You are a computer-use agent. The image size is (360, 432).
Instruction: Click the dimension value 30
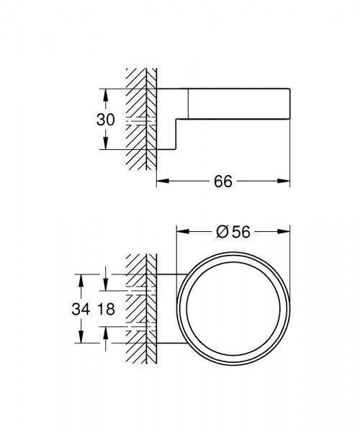pos(105,120)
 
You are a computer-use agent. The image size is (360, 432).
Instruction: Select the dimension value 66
pos(222,182)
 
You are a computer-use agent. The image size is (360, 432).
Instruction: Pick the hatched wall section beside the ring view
pos(140,310)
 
